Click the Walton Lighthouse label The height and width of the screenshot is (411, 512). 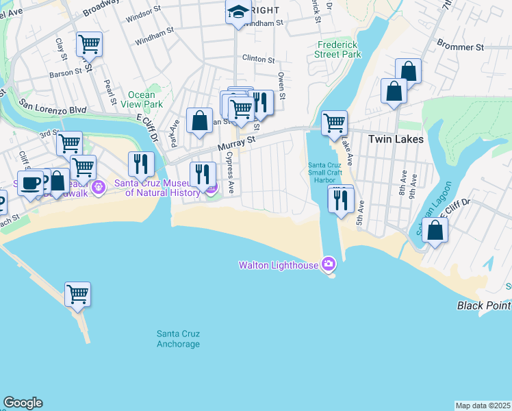(x=279, y=265)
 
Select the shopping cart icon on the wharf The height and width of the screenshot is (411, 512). (x=78, y=295)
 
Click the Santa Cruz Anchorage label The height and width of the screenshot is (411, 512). (x=178, y=338)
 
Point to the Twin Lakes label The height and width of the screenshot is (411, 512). (x=395, y=139)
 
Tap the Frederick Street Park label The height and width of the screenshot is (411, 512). (x=338, y=49)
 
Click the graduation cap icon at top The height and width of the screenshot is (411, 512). (x=238, y=12)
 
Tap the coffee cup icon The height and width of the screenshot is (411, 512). (x=31, y=183)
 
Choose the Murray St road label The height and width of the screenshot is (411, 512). (x=236, y=142)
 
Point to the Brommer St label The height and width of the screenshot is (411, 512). (x=465, y=47)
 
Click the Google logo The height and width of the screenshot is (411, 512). (x=23, y=403)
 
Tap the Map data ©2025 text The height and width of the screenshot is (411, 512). (x=483, y=406)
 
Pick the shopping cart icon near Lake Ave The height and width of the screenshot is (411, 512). (x=334, y=123)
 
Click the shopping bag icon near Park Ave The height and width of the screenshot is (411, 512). (x=199, y=121)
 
